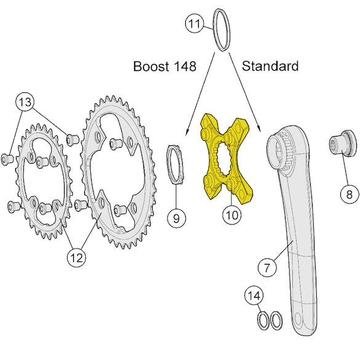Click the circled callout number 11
click(194, 23)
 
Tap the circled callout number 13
click(25, 102)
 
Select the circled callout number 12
click(76, 258)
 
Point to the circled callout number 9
click(177, 218)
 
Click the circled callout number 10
click(232, 215)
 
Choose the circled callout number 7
click(267, 267)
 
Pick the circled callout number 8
click(349, 194)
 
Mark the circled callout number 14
click(254, 295)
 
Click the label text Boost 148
click(165, 66)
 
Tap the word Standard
click(270, 66)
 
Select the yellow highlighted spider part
click(226, 159)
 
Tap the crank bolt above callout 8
click(343, 144)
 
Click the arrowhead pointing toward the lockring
click(187, 132)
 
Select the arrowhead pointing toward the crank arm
click(258, 128)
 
